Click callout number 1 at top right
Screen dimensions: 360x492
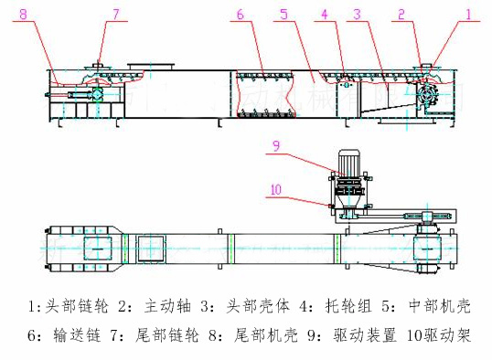(x=469, y=15)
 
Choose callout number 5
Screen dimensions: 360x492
(x=284, y=15)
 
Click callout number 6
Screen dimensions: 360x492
(x=241, y=15)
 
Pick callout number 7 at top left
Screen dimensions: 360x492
(x=116, y=15)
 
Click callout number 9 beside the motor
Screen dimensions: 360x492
(x=276, y=144)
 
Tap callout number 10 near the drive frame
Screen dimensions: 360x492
(x=277, y=192)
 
